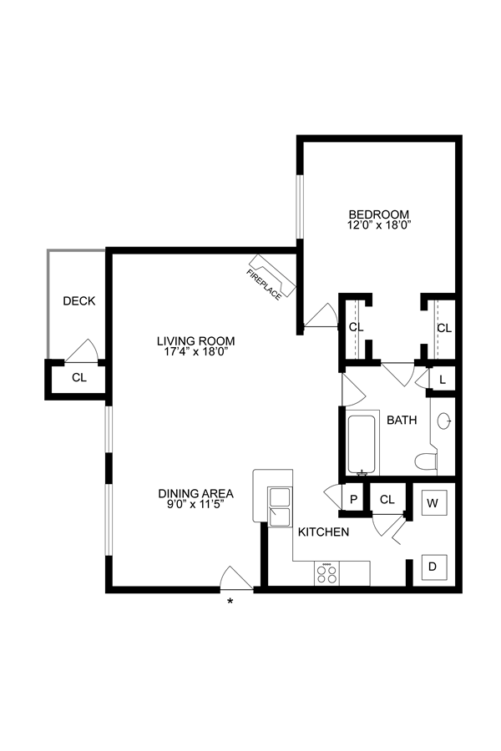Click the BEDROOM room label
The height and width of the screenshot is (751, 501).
(379, 213)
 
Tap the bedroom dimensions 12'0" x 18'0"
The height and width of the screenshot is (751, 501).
(379, 224)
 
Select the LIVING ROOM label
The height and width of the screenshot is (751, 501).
(196, 340)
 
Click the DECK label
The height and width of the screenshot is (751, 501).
(78, 300)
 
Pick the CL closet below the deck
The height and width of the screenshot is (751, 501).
(78, 377)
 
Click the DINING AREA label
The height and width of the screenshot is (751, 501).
(196, 493)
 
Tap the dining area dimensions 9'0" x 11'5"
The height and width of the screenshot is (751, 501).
(196, 505)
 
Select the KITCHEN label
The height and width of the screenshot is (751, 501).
(323, 532)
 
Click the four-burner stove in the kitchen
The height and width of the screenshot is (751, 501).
(326, 574)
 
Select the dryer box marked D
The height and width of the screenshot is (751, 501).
(433, 567)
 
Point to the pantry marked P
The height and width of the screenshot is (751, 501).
(353, 500)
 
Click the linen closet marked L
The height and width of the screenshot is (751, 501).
(442, 379)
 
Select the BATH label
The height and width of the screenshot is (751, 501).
(402, 421)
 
